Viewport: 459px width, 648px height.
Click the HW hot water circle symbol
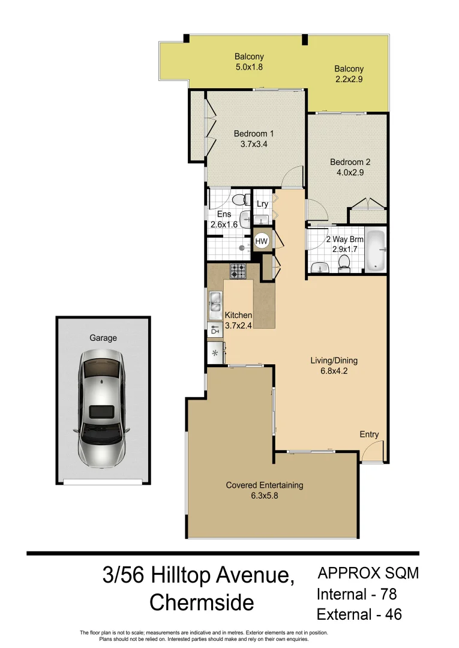262,241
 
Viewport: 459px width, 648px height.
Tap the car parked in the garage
101,409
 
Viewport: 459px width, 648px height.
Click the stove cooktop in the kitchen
238,271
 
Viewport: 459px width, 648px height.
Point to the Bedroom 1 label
254,134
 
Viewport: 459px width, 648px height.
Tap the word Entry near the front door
369,434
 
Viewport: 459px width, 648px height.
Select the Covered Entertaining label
264,485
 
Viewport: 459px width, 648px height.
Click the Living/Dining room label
334,361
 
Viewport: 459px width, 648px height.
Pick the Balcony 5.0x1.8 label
248,57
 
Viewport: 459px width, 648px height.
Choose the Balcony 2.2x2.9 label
349,69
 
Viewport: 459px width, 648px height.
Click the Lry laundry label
262,205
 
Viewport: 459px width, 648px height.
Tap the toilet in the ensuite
238,200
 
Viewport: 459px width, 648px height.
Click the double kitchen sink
215,304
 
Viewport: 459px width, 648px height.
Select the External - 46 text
359,614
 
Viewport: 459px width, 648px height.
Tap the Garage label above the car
103,338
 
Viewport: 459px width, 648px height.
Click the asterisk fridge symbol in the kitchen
215,353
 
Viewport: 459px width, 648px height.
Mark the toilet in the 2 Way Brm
344,262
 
